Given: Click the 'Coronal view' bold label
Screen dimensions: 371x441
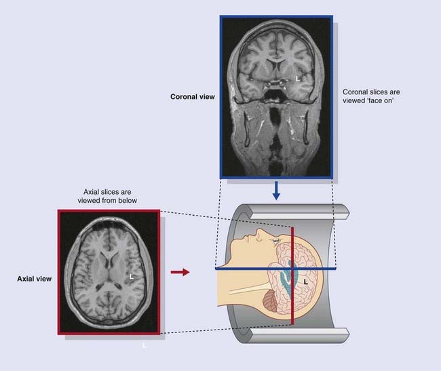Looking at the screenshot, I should [x=192, y=97].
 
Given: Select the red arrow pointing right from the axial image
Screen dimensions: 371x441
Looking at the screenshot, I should [x=179, y=272].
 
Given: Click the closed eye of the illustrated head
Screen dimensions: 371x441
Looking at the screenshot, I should [x=274, y=240].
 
